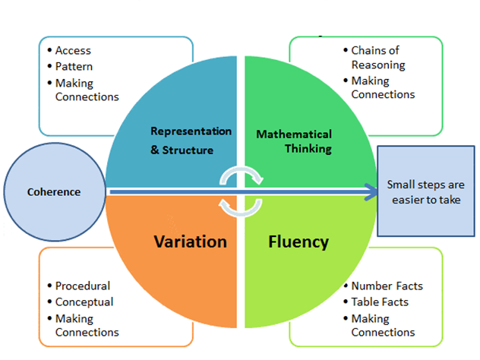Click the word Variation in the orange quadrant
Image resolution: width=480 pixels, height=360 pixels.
coord(191,242)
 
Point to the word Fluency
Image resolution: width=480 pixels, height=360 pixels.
coord(298,242)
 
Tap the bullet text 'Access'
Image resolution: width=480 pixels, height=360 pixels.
coord(73,51)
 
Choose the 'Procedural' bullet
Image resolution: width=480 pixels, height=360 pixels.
coord(83,286)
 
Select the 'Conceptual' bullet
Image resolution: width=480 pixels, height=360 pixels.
coord(84,302)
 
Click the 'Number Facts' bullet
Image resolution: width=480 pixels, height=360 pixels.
coord(387,286)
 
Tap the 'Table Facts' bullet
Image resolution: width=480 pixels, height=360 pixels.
coord(380,302)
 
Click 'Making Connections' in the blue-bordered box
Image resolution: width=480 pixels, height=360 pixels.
coord(87,89)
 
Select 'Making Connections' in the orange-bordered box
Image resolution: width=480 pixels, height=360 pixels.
coord(87,324)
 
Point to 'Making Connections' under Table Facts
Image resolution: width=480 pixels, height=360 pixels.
coord(383,324)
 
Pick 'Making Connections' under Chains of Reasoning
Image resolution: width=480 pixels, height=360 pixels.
coord(383,87)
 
